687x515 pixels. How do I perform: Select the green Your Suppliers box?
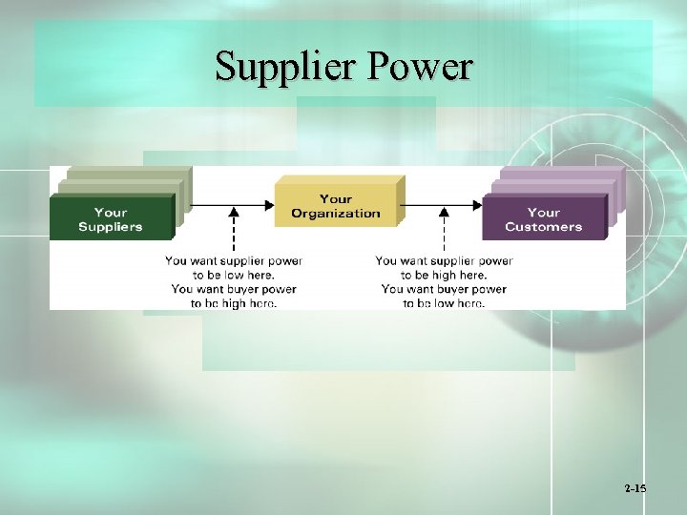[x=111, y=218]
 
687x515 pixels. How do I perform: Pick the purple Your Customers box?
[x=543, y=218]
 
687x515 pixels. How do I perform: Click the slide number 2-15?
[x=635, y=488]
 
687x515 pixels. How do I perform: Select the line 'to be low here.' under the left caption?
[x=234, y=275]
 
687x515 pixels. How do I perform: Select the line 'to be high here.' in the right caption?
[x=444, y=275]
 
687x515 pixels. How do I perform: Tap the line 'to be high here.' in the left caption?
[x=234, y=303]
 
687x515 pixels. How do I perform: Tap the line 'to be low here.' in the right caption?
[x=444, y=303]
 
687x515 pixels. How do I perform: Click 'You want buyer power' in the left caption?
[x=234, y=289]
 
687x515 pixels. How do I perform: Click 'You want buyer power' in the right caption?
[x=444, y=289]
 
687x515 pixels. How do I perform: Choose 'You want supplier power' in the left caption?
[x=234, y=260]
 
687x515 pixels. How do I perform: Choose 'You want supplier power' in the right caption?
[x=444, y=260]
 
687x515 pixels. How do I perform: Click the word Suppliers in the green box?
[x=111, y=227]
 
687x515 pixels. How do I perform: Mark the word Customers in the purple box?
[x=543, y=227]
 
